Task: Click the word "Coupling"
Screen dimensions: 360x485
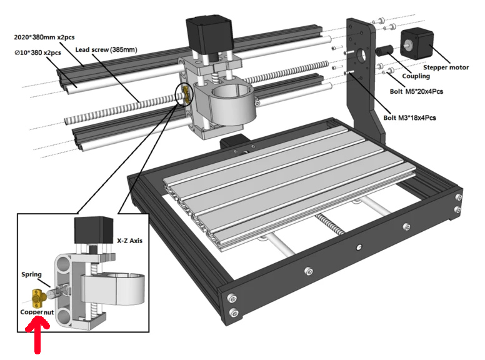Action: tap(416, 76)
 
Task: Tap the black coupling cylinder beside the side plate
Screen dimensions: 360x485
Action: tap(382, 51)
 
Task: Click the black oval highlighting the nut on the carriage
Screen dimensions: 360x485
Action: tap(186, 94)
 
